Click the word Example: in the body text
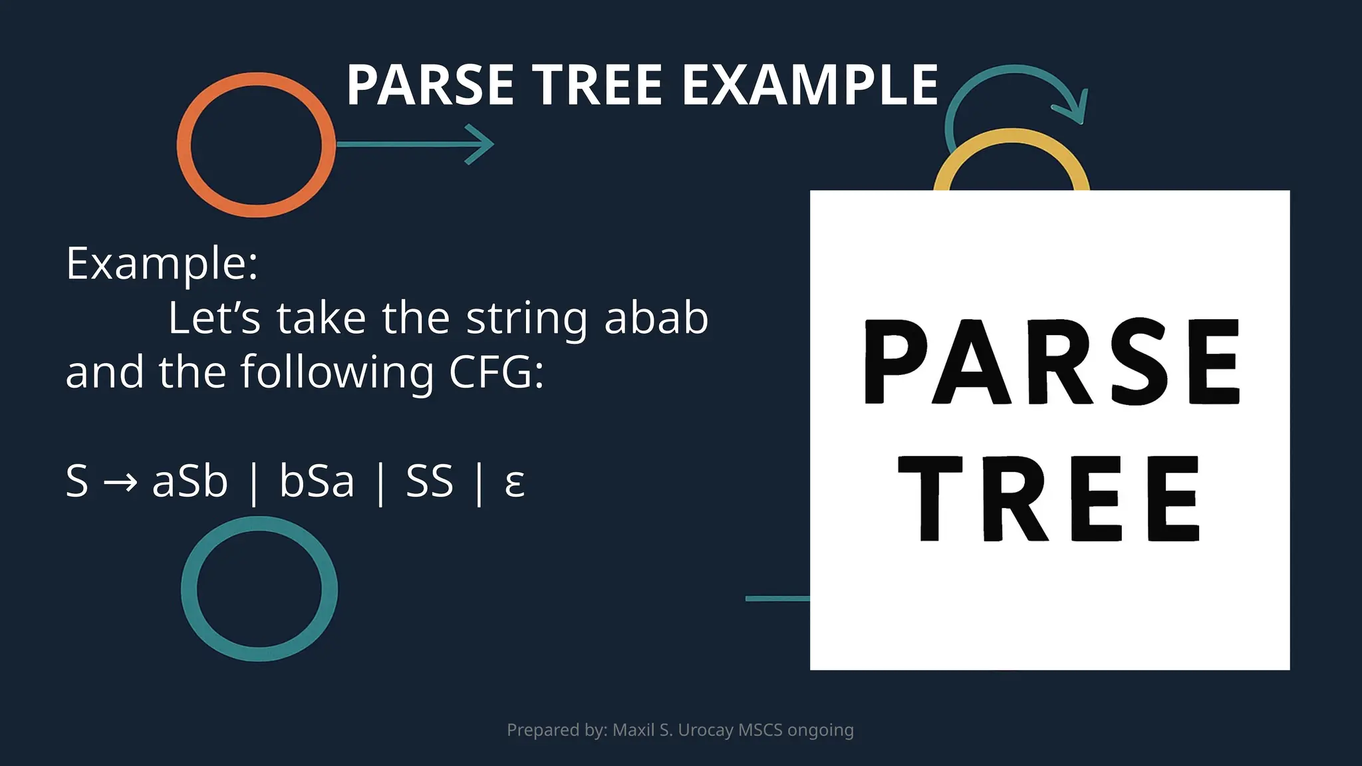coord(162,264)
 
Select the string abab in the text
coord(656,318)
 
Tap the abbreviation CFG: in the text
coord(496,372)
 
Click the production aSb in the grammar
coord(190,481)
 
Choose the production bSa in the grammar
coord(317,481)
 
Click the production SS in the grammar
coord(430,481)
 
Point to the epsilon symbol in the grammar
coord(515,483)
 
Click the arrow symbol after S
coord(120,481)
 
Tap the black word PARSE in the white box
coord(1051,362)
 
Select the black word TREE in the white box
coord(1049,499)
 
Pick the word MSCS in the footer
coord(760,730)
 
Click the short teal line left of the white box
coord(777,598)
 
